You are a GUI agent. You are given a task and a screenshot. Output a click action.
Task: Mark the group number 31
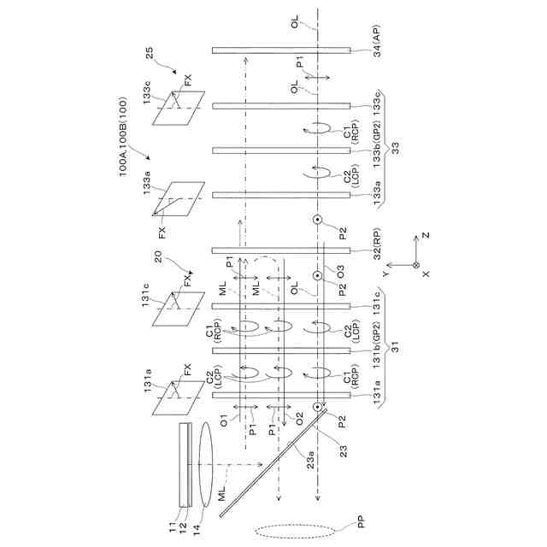point(394,347)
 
